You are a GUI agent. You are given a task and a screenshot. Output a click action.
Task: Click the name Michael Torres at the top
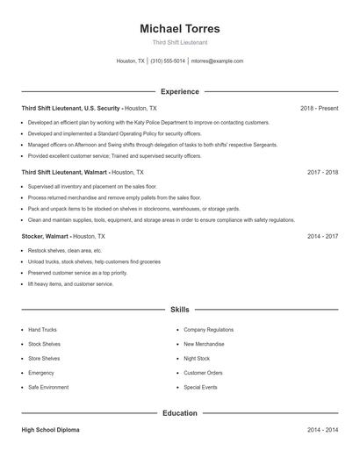point(179,28)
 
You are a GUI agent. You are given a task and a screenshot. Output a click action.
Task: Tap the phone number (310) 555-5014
point(168,61)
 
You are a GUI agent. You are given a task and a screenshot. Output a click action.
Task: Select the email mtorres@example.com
point(217,61)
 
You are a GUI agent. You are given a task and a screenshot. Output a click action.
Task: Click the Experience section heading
point(179,91)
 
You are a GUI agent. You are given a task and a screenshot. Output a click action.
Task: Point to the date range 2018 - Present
point(319,108)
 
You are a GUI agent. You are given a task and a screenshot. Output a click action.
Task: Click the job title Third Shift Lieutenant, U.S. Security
point(70,108)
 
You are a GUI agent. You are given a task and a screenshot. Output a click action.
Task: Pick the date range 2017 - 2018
point(322,172)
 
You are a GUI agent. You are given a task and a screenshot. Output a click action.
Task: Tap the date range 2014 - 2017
point(322,236)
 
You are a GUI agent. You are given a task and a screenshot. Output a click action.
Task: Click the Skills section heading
point(179,310)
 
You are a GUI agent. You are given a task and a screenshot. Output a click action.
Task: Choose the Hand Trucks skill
point(42,330)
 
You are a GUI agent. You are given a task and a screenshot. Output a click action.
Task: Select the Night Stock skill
point(197,358)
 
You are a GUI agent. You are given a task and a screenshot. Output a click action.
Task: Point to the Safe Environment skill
point(47,387)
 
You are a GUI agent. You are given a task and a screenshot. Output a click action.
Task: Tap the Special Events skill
point(201,387)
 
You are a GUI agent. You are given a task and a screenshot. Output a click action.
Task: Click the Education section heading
point(179,412)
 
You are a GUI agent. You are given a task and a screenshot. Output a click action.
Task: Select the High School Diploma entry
point(52,430)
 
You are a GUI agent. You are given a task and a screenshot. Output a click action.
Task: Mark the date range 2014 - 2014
point(322,430)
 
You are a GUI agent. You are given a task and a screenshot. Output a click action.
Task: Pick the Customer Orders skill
point(203,373)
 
